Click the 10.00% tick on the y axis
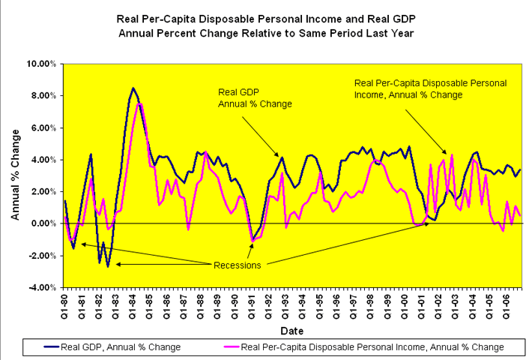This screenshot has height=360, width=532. (x=42, y=64)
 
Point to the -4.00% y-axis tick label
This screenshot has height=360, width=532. (x=42, y=287)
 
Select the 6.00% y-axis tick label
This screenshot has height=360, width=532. (x=43, y=127)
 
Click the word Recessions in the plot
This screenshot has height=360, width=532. (x=237, y=265)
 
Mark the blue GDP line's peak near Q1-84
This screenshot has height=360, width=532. (x=133, y=88)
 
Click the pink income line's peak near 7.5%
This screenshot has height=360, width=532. (x=139, y=103)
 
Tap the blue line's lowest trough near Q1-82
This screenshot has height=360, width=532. (x=108, y=266)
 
